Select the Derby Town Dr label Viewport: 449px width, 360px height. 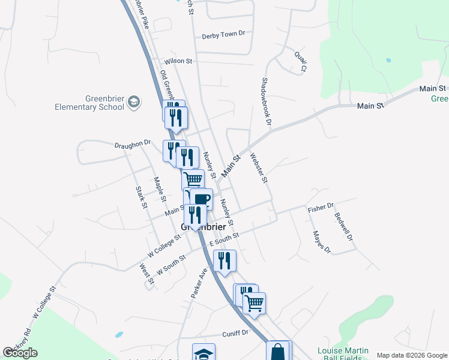pos(224,34)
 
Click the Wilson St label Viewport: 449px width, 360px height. pos(178,61)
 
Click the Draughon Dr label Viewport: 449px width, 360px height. pos(131,145)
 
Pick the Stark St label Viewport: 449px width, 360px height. pos(141,197)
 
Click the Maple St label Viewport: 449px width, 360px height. pos(160,188)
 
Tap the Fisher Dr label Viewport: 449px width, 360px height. pos(321,208)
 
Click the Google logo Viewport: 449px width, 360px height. pos(20,352)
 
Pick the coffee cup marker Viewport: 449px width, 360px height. pos(202,199)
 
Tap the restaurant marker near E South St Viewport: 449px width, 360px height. pos(224,260)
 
